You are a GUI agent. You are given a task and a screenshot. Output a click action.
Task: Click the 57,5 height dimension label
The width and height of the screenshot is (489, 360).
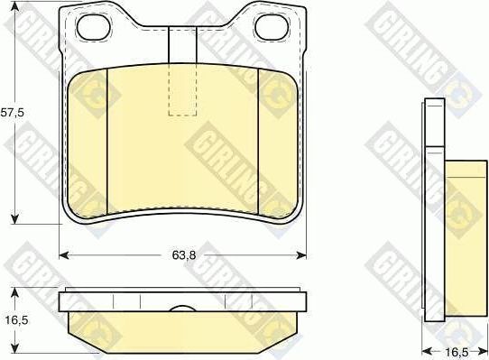(12, 113)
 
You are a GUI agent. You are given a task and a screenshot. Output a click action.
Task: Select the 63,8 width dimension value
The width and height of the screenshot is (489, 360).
(184, 255)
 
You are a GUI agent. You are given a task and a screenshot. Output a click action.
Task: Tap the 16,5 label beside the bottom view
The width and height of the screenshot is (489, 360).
(16, 319)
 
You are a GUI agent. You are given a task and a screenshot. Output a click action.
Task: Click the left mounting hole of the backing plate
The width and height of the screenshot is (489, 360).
(94, 27)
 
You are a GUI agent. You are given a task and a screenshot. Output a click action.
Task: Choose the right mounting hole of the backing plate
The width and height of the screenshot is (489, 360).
(270, 27)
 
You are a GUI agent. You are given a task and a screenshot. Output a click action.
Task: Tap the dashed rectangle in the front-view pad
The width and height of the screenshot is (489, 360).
(183, 89)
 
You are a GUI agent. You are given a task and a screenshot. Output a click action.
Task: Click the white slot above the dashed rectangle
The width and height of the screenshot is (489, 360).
(183, 44)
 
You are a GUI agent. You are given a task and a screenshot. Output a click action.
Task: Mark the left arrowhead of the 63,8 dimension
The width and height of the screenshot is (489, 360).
(64, 255)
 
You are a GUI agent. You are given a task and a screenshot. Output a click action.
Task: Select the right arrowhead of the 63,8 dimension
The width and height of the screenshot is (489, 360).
(301, 255)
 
